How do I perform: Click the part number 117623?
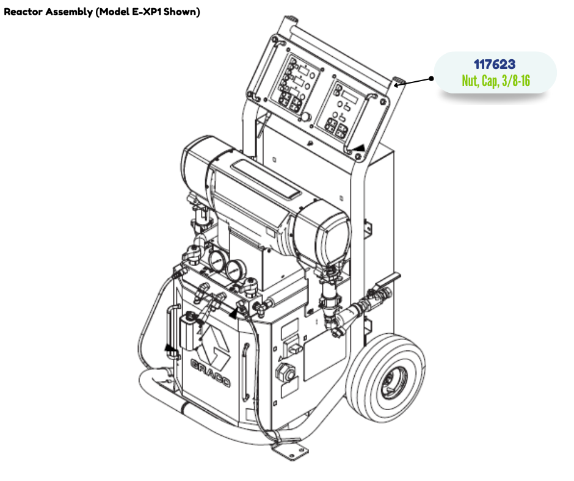click(495, 65)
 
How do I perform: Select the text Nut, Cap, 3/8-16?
click(496, 81)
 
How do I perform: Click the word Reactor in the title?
click(23, 12)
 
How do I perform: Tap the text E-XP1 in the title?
click(146, 12)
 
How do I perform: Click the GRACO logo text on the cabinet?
click(211, 372)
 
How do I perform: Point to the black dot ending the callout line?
click(431, 78)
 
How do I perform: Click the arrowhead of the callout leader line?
click(397, 85)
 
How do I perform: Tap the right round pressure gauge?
click(235, 271)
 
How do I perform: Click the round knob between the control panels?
click(305, 118)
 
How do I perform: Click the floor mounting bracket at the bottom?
click(290, 451)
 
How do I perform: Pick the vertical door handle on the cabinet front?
click(246, 372)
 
